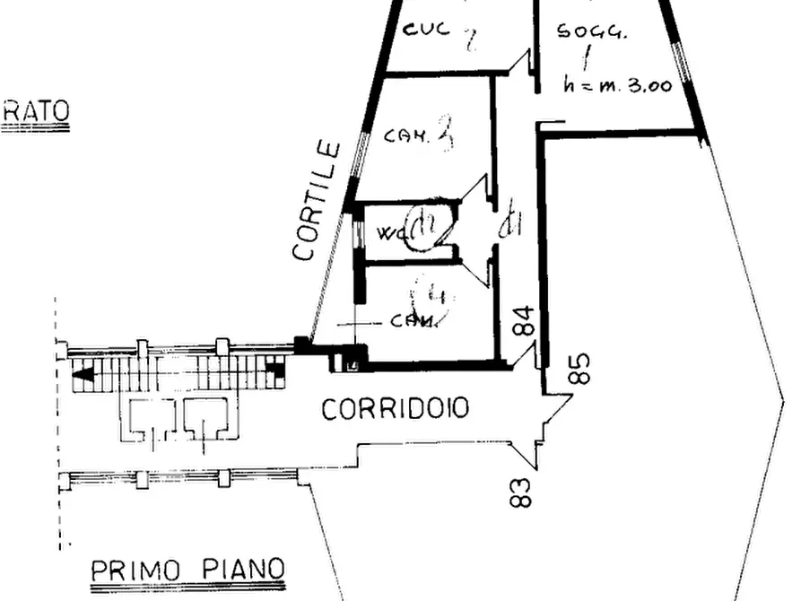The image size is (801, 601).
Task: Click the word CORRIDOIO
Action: (x=395, y=410)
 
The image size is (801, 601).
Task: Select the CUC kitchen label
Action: (x=421, y=29)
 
